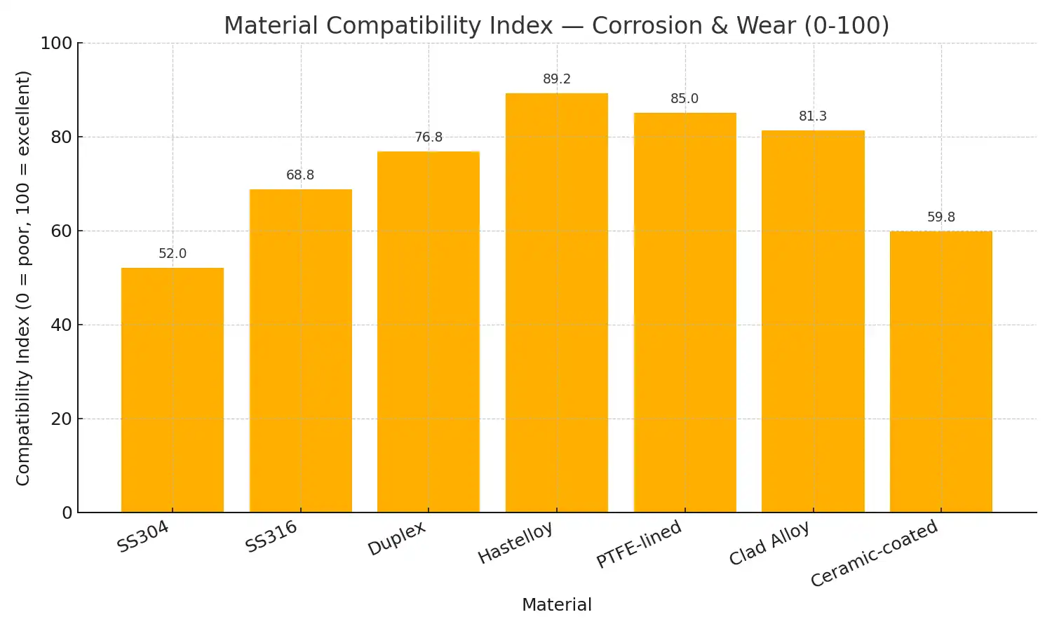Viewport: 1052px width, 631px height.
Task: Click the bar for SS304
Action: pos(173,390)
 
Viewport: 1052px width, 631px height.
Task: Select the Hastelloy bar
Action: pos(557,303)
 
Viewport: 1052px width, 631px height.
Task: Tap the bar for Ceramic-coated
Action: pos(941,372)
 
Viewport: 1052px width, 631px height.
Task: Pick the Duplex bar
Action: pos(429,332)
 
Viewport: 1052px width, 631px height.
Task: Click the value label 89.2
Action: pos(557,79)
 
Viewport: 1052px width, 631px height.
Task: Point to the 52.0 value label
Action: pos(173,254)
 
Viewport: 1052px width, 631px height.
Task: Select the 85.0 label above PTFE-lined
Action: pos(685,99)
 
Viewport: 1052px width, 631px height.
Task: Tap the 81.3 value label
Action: pos(813,116)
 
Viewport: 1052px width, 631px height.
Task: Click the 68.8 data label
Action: pos(300,175)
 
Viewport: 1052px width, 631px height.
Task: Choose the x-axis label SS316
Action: pos(271,537)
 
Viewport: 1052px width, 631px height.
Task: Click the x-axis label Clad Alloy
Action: pos(769,543)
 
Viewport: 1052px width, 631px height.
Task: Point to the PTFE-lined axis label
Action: pos(639,544)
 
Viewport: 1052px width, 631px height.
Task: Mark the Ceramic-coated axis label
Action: pos(874,553)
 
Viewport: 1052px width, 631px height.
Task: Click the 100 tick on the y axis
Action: pos(56,43)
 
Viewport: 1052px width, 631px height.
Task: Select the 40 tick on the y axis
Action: pos(61,325)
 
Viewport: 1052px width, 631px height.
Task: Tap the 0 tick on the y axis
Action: pos(67,513)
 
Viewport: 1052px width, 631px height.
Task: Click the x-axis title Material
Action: pos(557,605)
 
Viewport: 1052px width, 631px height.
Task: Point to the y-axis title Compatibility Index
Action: pos(23,278)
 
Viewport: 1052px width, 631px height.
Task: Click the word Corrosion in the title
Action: pos(647,26)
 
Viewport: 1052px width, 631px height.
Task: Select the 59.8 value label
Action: pos(941,217)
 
